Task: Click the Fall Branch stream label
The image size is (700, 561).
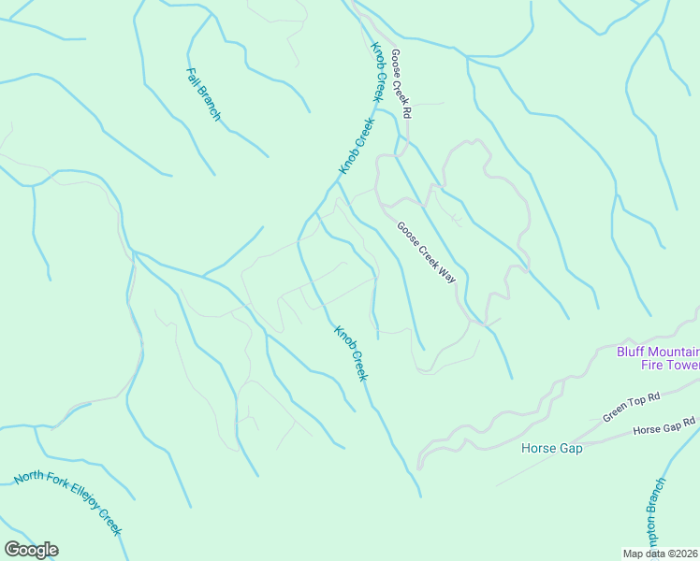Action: pos(204,93)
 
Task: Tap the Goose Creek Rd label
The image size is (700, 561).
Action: pos(401,82)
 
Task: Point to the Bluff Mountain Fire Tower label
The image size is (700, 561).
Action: pos(658,358)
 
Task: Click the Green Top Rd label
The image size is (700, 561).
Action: pos(632,408)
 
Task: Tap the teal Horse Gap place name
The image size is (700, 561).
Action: pos(551,448)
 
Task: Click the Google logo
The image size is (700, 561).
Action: pos(31,550)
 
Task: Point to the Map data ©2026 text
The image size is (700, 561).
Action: pos(660,554)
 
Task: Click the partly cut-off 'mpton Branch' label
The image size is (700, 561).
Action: pos(655,509)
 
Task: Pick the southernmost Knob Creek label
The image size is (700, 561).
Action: pos(351,352)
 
